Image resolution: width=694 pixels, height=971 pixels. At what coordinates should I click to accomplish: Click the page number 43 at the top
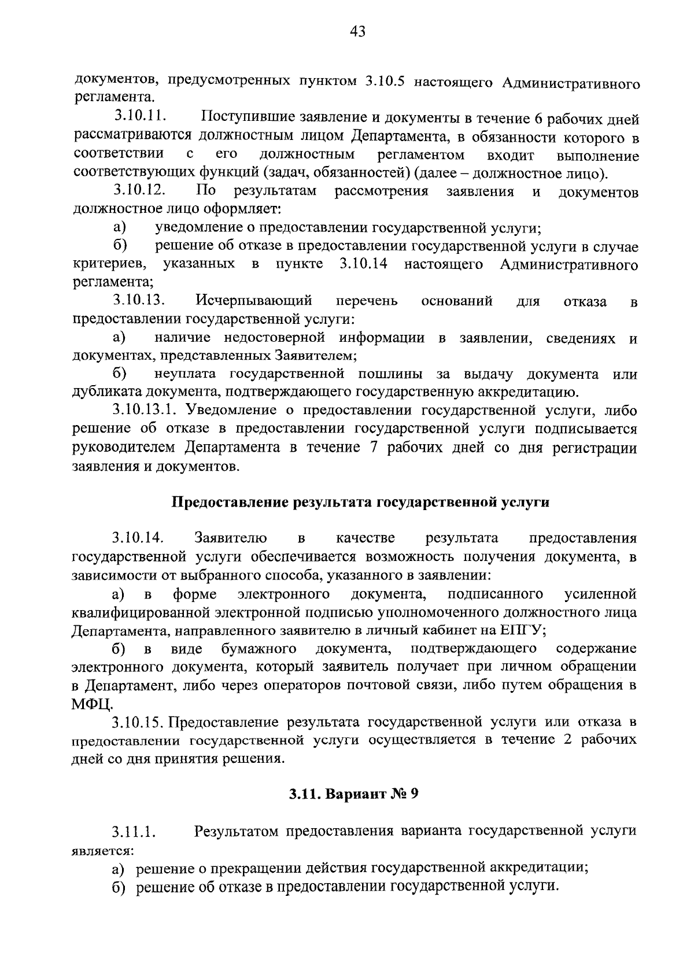coord(357,32)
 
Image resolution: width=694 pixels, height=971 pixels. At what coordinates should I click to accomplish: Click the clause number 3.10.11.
coord(141,118)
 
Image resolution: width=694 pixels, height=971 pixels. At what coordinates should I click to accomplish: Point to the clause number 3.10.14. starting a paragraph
coord(139,538)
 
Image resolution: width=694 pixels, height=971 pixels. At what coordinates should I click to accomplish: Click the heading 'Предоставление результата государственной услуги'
coord(361,502)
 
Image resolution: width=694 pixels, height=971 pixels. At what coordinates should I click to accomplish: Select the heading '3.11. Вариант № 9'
coord(353,795)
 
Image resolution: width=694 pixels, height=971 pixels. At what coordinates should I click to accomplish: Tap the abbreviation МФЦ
coord(93,705)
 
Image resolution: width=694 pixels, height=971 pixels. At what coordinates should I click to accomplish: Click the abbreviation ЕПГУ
coord(519,631)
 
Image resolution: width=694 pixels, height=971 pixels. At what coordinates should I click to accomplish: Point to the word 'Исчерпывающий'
coord(254,301)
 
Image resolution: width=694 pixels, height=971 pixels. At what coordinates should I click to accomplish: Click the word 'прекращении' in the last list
coord(252,868)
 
